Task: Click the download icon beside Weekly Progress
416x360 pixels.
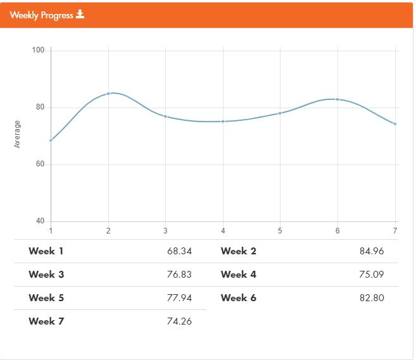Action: pos(80,15)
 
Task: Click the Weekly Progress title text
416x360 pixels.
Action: pos(41,15)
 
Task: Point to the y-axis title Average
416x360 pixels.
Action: pos(17,134)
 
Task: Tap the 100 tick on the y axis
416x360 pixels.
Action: pos(38,50)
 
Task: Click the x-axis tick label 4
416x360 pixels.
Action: pos(223,230)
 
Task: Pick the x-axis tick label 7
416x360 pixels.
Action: pos(395,230)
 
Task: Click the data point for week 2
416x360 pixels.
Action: pos(108,94)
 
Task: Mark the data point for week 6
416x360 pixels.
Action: pos(337,99)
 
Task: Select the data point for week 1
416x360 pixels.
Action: pos(51,140)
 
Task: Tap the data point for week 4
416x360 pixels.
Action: pos(223,121)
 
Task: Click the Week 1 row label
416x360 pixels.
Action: pos(46,251)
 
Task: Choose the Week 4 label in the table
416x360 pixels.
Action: pos(239,275)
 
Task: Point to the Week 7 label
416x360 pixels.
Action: pos(46,321)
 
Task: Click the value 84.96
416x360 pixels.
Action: pos(371,251)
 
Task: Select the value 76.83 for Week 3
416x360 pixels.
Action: pos(179,275)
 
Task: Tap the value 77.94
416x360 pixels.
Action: pos(179,298)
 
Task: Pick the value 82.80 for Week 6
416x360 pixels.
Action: pos(371,298)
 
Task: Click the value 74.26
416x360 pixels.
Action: pos(179,321)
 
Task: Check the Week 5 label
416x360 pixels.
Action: pos(46,298)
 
